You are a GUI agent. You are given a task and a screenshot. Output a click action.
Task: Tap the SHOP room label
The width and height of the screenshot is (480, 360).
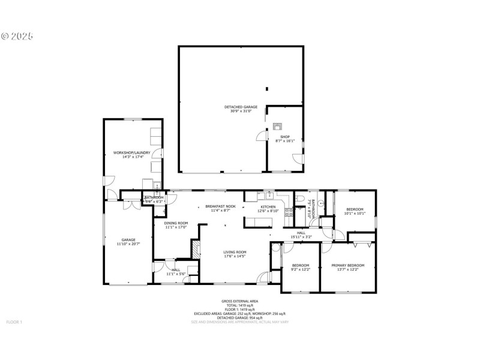tap(285, 137)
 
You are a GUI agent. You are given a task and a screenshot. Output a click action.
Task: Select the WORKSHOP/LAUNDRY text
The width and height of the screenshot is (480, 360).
tap(132, 153)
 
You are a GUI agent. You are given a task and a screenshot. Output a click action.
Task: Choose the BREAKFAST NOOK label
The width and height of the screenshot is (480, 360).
tap(220, 206)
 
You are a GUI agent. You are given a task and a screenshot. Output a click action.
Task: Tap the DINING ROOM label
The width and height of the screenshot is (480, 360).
tap(176, 223)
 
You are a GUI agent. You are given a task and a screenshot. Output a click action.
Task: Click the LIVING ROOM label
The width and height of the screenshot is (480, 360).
tap(235, 252)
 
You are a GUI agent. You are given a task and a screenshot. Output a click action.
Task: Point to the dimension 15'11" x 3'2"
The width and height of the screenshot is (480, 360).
tap(301, 236)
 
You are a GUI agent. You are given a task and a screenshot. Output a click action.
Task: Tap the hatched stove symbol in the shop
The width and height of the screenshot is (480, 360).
tap(277, 127)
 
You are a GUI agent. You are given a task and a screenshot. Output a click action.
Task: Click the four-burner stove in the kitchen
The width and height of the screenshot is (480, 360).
tap(289, 211)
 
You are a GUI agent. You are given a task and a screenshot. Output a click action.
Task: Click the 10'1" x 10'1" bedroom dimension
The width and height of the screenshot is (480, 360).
tap(355, 213)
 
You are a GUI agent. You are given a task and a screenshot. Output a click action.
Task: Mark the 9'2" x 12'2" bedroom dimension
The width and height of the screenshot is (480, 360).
tap(301, 269)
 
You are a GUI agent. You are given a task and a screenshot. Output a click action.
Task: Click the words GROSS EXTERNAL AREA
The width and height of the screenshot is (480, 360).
tap(239, 301)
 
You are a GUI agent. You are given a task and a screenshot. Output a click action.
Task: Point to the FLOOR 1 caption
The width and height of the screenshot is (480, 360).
tap(14, 322)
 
